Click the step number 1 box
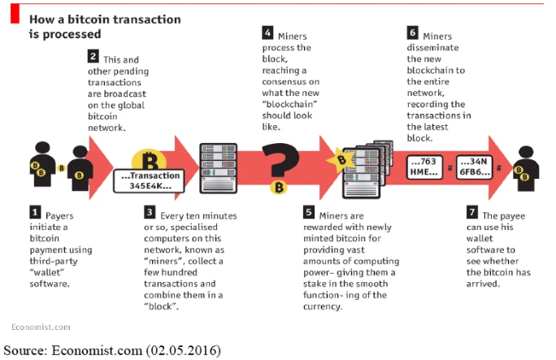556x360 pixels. [x=35, y=212]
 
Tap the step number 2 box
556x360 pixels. [x=93, y=56]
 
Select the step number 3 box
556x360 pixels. [x=150, y=212]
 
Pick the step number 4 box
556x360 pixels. [x=267, y=33]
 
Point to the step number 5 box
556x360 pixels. [x=309, y=212]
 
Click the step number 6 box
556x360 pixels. [x=412, y=33]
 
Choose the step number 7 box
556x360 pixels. [x=472, y=212]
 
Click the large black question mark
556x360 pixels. [x=280, y=159]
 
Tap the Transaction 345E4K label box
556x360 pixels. [x=149, y=180]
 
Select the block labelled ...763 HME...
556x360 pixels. [x=424, y=167]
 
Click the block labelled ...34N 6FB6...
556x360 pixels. [x=475, y=167]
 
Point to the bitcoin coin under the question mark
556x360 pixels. [x=279, y=187]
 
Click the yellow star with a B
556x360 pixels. [x=341, y=161]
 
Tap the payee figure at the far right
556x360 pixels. [x=527, y=169]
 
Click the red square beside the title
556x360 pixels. [x=15, y=14]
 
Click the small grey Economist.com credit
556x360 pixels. [x=41, y=327]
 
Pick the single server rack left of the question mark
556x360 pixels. [x=218, y=168]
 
